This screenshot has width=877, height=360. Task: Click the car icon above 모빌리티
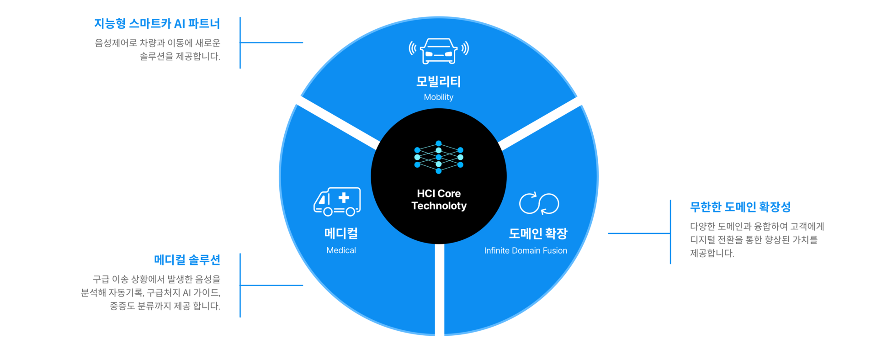pos(439,50)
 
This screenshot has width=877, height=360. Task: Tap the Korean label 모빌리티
pos(438,81)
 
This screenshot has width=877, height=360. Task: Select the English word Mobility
pos(438,97)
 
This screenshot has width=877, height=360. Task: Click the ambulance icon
pos(337,201)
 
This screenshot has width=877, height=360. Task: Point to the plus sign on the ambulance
pos(344,198)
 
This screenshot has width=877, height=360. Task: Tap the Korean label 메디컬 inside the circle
pos(341,233)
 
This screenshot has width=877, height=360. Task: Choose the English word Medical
pos(341,250)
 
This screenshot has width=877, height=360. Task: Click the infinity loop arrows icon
pos(539,203)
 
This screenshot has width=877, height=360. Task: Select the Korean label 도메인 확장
pos(538,233)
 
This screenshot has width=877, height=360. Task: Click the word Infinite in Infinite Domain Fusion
pos(496,251)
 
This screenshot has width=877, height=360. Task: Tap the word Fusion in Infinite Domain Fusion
pos(554,251)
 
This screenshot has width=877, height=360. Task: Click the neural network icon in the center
pos(439,157)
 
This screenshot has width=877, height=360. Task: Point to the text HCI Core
pos(439,194)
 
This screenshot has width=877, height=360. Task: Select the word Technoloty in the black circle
pos(439,206)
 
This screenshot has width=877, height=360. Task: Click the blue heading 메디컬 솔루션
pos(187,260)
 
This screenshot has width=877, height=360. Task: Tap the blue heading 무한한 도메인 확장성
pos(740,207)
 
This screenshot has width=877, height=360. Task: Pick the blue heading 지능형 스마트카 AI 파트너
pos(157,23)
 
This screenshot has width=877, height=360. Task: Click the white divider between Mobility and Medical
pos(334,120)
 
